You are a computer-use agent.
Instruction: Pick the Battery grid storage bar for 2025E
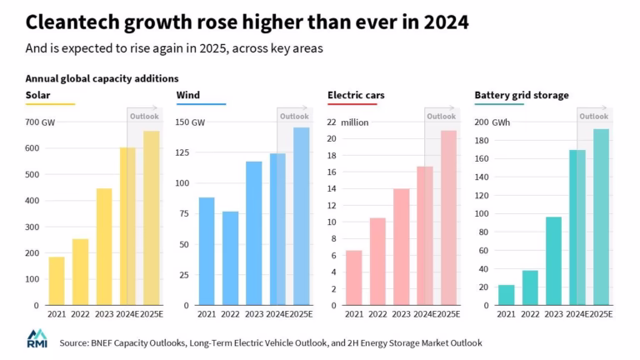601,217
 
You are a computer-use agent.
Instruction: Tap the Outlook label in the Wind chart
293,116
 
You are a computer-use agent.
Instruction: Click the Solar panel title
38,95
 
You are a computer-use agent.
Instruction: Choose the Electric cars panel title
355,95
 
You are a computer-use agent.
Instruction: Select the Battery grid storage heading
522,95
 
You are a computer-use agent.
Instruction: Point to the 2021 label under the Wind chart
207,313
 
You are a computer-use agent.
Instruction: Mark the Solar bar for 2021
57,281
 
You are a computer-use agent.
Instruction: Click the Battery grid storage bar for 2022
529,287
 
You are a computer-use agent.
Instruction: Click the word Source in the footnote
76,342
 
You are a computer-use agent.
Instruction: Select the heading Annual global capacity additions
102,78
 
